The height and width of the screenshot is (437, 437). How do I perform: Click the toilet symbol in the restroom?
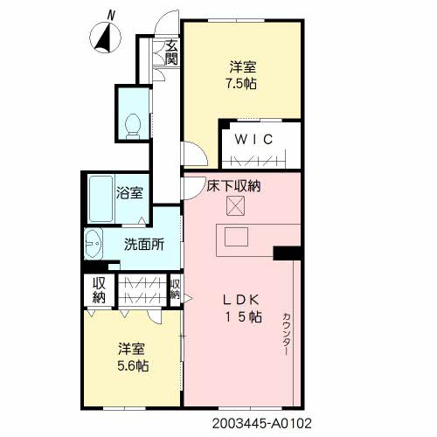point(133,126)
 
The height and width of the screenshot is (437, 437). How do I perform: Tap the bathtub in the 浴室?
point(101,198)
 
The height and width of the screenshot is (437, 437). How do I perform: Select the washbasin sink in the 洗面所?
point(94,244)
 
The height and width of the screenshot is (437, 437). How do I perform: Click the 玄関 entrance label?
point(171,52)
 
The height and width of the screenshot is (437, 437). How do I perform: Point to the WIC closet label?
point(253,139)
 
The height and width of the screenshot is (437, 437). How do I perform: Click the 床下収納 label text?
point(233,186)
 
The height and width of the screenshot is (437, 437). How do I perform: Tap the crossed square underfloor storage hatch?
point(235,205)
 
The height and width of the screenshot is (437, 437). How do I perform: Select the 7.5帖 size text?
point(241,84)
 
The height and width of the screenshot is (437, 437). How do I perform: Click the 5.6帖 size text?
point(133,365)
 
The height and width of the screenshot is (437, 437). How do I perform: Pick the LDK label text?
point(241,300)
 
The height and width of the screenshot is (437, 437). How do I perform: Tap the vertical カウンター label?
point(287,334)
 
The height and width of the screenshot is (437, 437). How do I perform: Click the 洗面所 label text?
point(144,245)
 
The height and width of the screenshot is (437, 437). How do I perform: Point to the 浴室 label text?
point(129,193)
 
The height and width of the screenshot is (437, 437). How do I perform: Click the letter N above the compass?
point(111,15)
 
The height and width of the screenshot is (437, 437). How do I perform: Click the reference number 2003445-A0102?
point(262,423)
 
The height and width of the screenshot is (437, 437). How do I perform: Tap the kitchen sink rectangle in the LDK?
point(236,237)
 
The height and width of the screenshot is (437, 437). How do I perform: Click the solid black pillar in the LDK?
point(287,253)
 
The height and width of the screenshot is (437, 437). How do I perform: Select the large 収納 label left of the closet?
point(99,290)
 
